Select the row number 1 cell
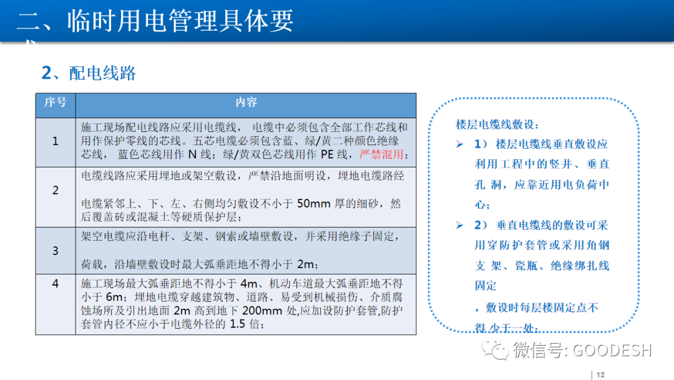point(55,141)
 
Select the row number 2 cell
point(55,190)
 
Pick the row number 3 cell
point(55,250)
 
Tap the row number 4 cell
point(55,284)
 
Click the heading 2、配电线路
point(89,73)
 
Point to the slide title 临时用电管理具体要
point(156,21)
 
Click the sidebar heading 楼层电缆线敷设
point(497,124)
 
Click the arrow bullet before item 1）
point(460,144)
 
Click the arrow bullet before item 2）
point(460,225)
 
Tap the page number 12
point(600,374)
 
